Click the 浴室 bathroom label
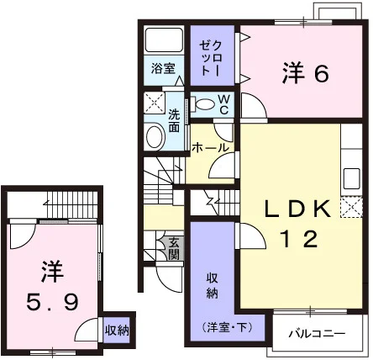pos(163,68)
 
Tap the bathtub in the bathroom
pos(164,40)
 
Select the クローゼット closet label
pos(212,58)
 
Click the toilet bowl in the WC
pos(206,104)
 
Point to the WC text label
pos(223,104)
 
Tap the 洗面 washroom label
pos(174,121)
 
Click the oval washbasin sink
pos(155,137)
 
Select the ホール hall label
pos(210,148)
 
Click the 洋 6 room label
pos(305,73)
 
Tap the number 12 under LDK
pos(300,239)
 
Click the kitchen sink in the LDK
pos(351,178)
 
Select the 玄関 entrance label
pos(174,248)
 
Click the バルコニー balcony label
pos(317,333)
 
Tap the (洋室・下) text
pos(227,327)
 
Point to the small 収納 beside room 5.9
pos(117,331)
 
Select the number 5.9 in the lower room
pos(52,303)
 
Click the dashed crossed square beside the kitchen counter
pos(351,207)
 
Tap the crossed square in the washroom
pos(155,103)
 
